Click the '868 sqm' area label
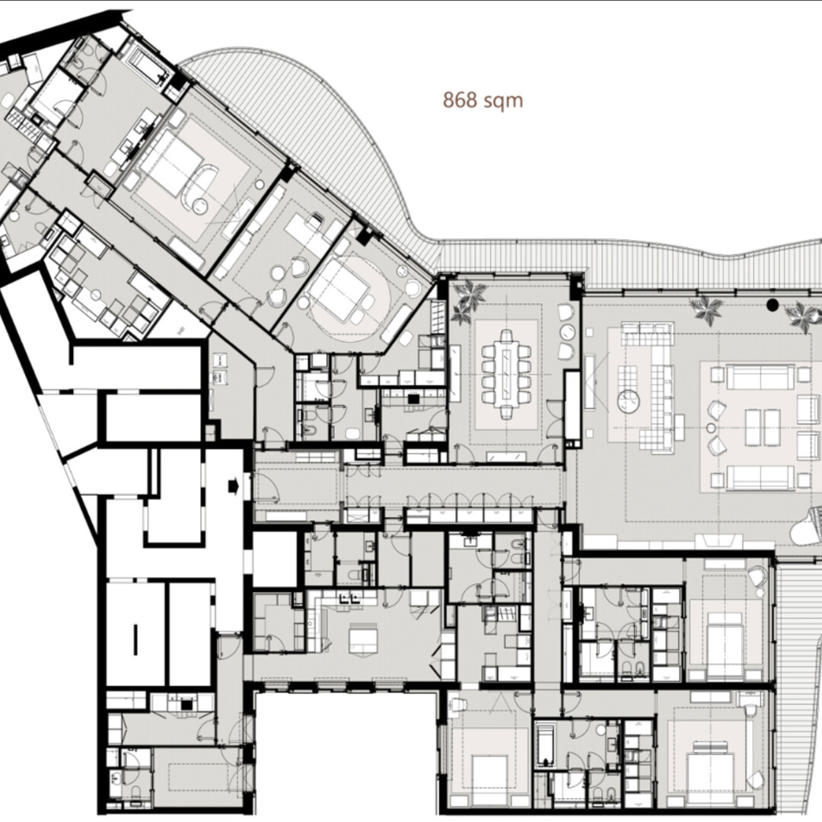point(483,100)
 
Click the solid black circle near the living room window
point(773,305)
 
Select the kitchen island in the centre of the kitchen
point(364,637)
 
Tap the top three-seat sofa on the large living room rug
point(760,376)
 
